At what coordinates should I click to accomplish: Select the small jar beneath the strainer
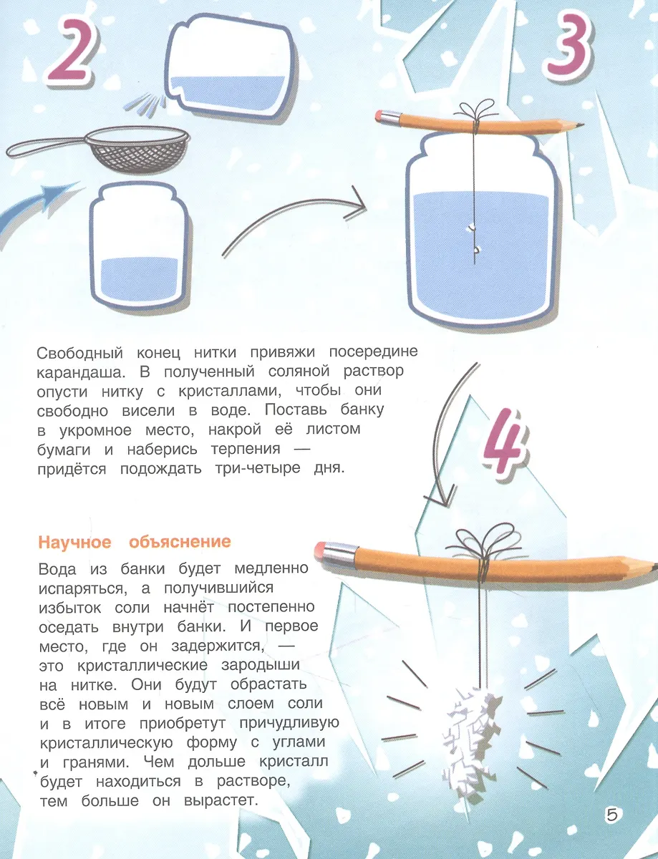tap(140, 245)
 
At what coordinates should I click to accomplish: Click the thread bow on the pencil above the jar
tap(474, 112)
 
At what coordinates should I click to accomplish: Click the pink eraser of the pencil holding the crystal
tap(321, 550)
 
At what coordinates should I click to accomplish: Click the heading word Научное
tap(74, 542)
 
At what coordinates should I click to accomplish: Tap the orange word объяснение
tap(180, 542)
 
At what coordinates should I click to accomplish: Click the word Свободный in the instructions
tap(79, 353)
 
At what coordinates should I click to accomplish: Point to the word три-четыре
tap(258, 468)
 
